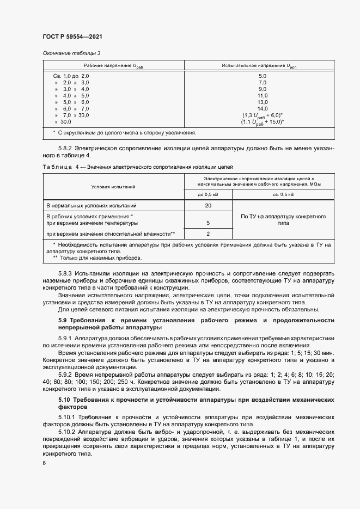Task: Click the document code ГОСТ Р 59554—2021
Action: pos(72,36)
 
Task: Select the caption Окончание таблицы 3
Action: pos(71,53)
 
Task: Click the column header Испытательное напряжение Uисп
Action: pos(262,65)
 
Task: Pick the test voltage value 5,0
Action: pos(262,76)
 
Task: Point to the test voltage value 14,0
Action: pos(262,108)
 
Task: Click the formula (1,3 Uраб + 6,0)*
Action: pos(262,115)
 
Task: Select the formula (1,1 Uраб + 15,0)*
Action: pos(262,122)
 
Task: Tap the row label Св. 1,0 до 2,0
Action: pos(71,76)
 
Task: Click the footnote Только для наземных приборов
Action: pos(89,259)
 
